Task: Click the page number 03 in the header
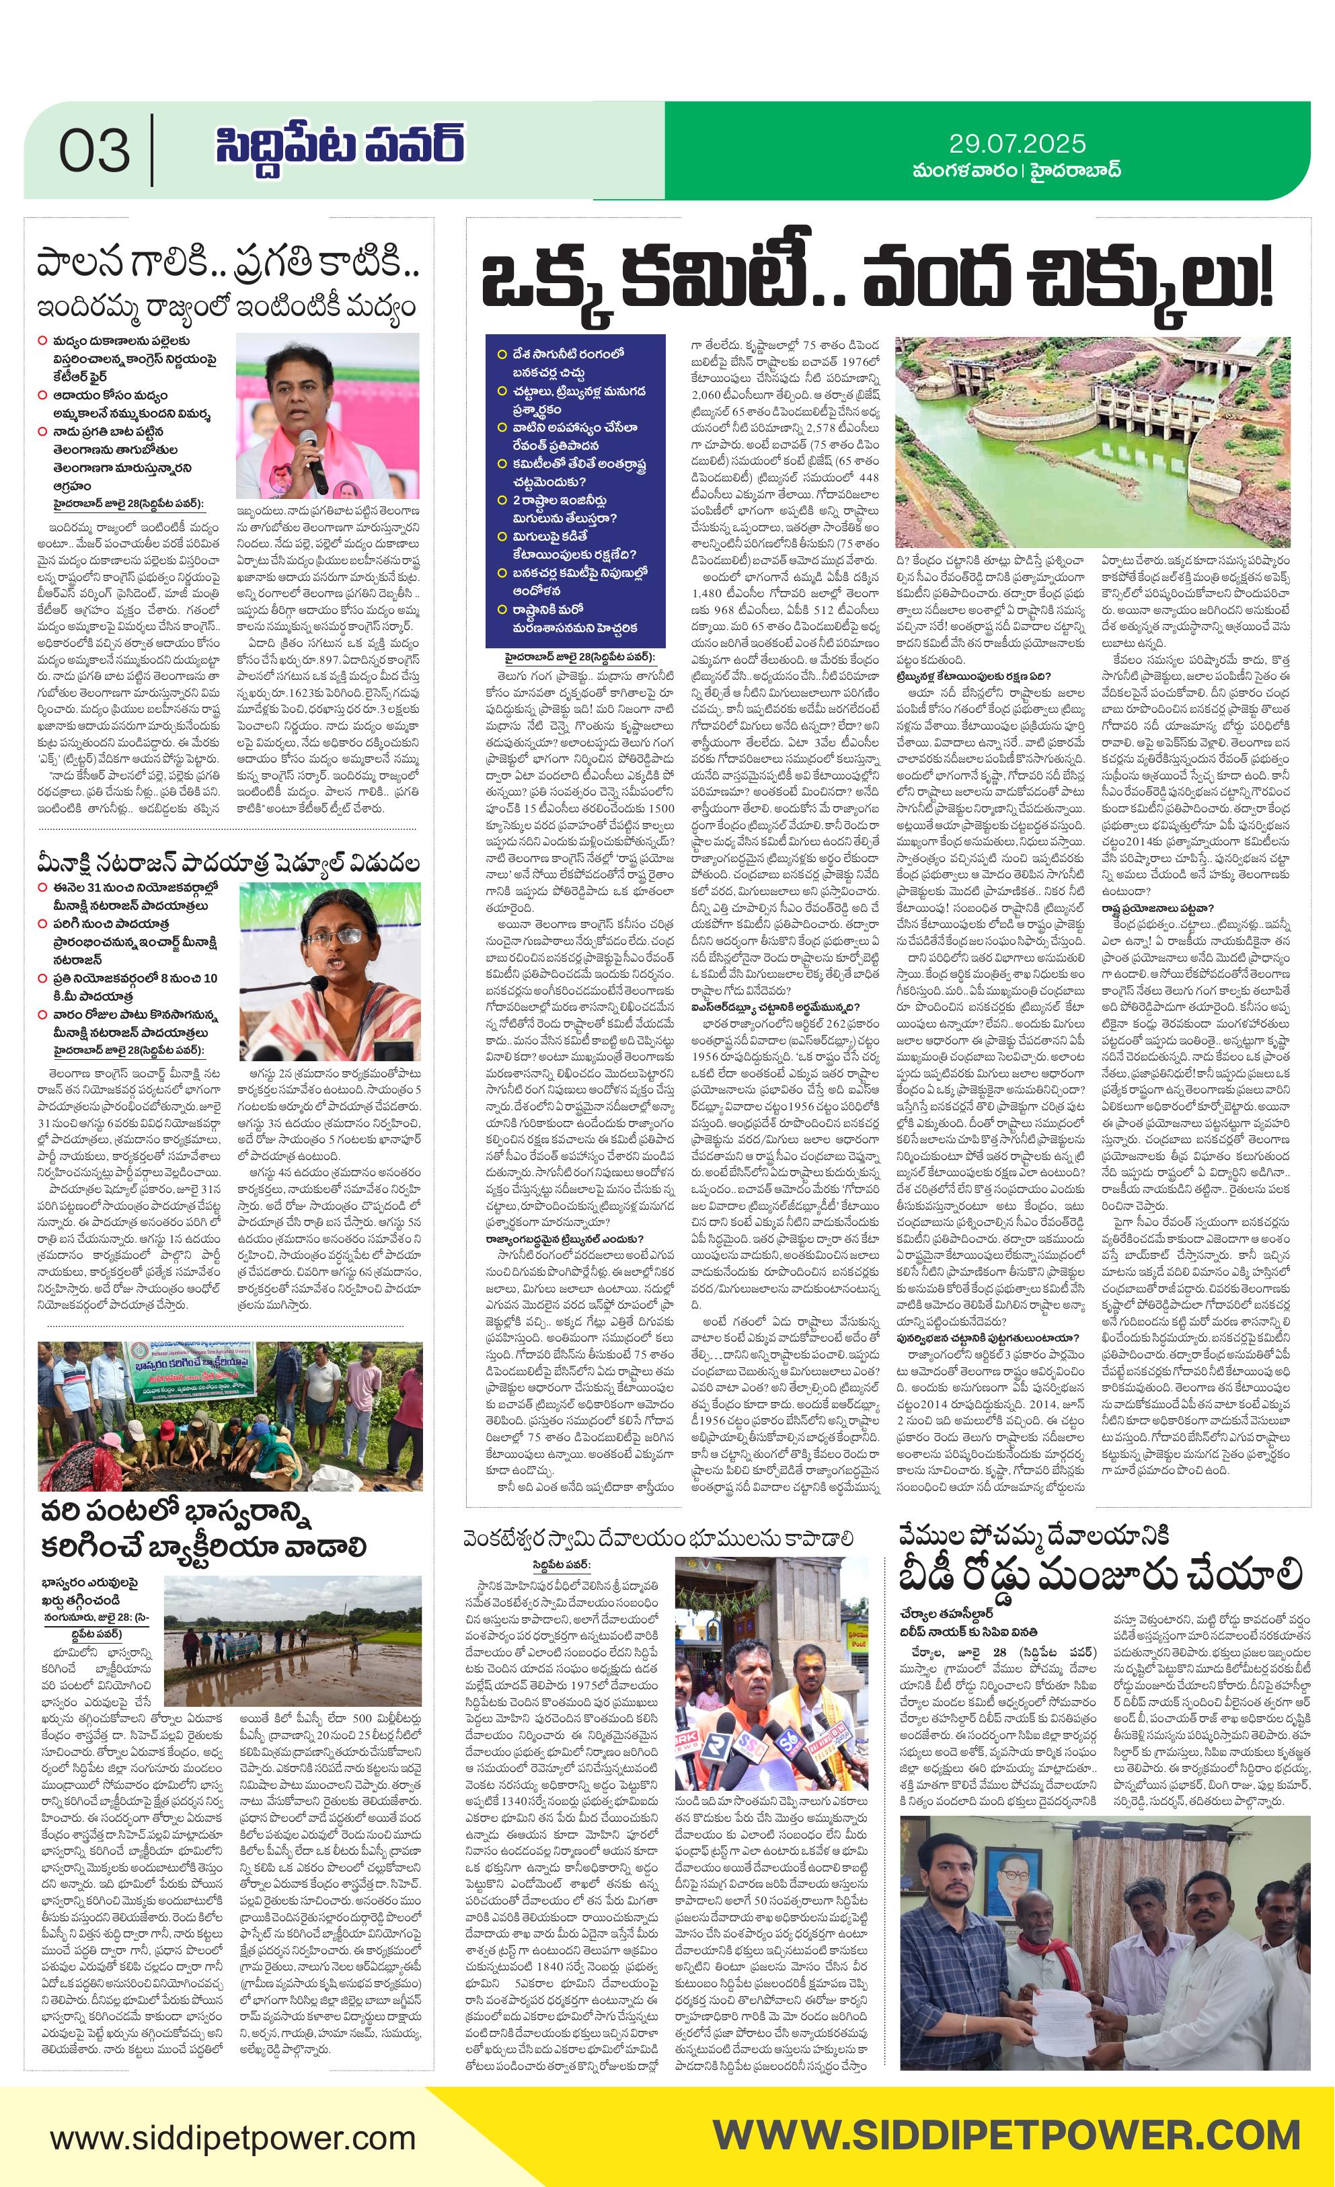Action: click(94, 150)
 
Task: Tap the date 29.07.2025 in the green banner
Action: click(1016, 143)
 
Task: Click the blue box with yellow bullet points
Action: click(574, 490)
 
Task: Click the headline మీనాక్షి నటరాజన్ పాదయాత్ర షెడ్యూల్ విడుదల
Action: click(228, 862)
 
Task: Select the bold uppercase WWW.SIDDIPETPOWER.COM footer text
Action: click(1005, 2134)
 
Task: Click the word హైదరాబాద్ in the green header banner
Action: click(1076, 169)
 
